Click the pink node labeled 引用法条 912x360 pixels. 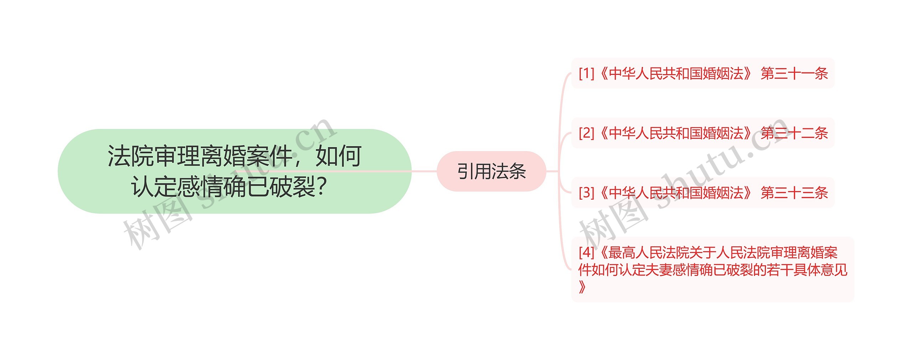491,171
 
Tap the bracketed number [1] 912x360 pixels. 586,73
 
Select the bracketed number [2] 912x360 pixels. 586,133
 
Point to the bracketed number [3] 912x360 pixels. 586,193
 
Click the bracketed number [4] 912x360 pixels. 586,252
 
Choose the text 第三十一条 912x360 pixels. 794,73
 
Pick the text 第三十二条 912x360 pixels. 794,133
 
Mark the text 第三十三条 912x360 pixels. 794,193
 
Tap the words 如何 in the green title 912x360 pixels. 338,156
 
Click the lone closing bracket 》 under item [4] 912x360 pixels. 582,287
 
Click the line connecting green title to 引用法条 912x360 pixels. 424,171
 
